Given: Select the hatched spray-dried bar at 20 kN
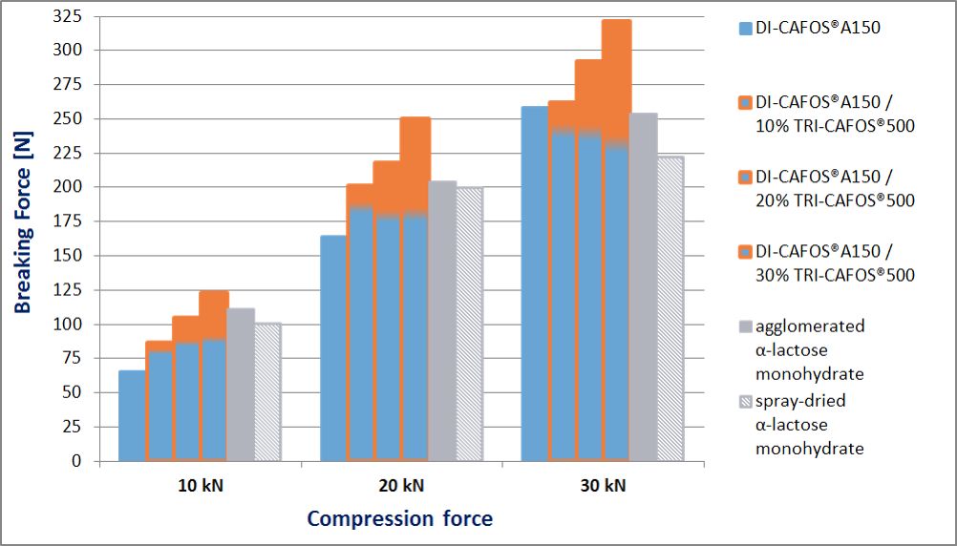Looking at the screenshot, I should (469, 325).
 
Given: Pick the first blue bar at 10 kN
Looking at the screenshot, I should (131, 415).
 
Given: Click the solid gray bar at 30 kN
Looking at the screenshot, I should (644, 286).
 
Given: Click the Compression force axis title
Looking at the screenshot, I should (400, 519).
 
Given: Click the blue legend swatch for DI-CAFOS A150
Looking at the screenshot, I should (746, 29).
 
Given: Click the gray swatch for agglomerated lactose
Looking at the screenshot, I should (746, 326).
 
